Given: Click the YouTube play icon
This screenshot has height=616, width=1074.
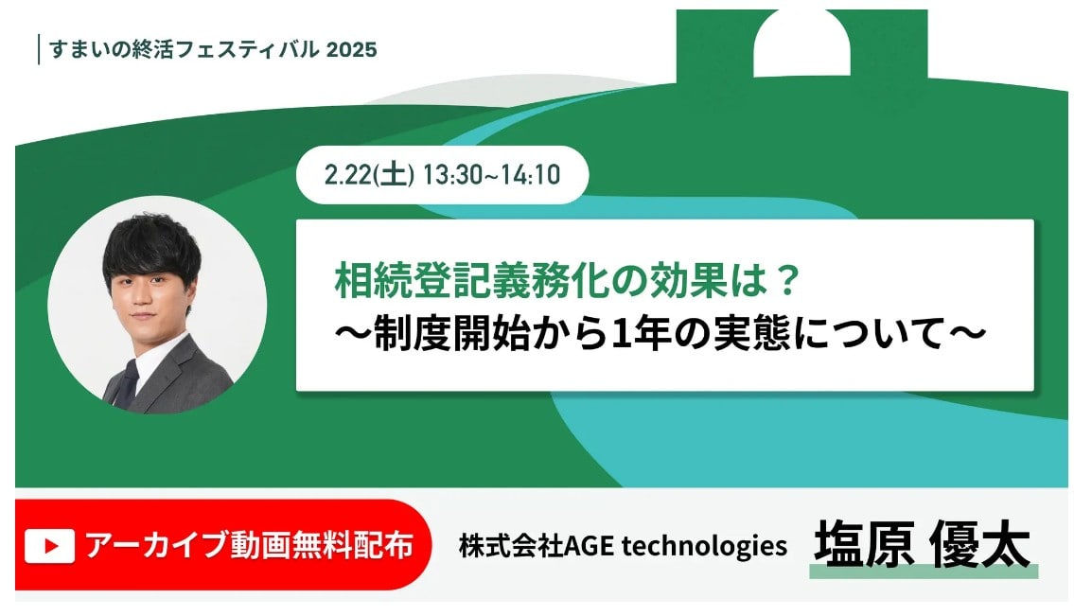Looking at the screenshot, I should point(50,546).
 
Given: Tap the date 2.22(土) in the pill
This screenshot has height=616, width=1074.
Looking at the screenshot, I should point(369,175).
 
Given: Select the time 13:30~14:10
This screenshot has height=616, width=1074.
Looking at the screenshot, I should point(492,175).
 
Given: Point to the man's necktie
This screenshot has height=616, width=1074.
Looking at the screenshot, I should point(128,378).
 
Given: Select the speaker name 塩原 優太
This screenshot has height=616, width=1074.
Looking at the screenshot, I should point(922,544).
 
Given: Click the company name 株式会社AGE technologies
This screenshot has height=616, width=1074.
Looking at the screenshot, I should point(623,546).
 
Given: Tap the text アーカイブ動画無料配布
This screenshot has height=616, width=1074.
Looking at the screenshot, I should point(249,546).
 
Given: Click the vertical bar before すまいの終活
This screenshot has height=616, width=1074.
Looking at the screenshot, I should point(39,49).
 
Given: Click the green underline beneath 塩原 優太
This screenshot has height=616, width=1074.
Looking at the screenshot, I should point(924,572).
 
